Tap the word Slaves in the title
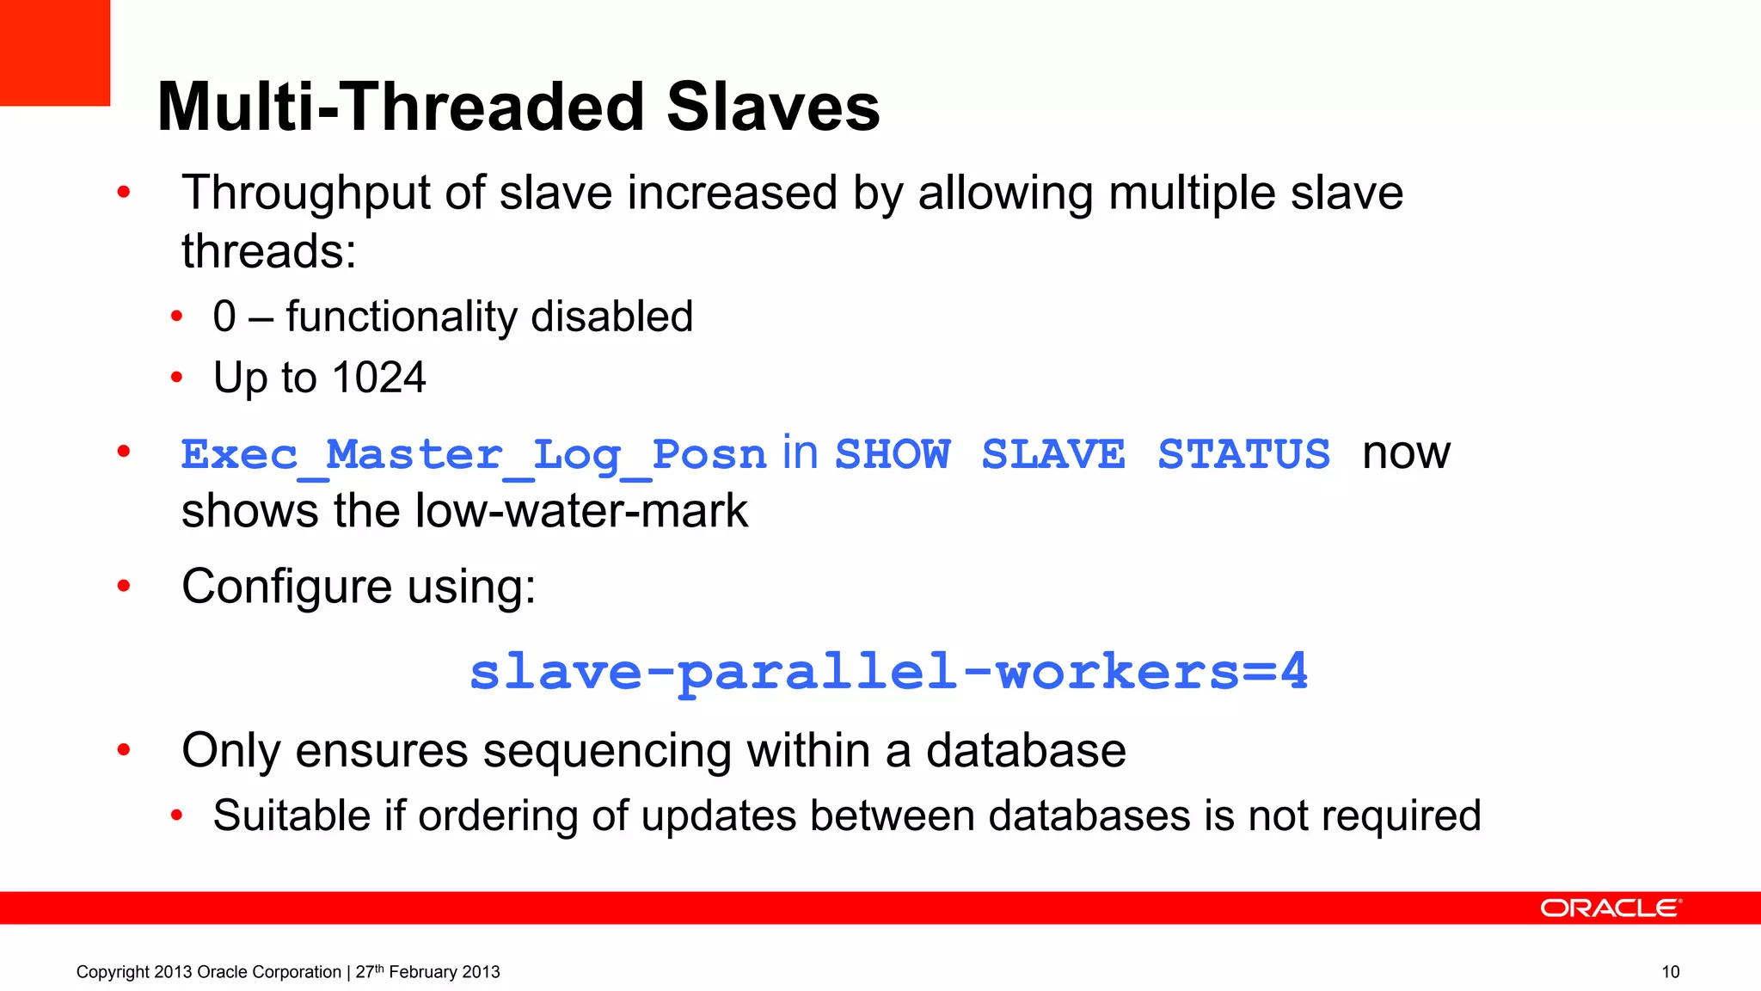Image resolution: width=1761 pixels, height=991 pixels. click(773, 107)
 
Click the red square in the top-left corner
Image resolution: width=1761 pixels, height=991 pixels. click(55, 52)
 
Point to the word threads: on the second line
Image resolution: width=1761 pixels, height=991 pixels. click(268, 251)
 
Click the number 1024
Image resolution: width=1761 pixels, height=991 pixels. click(378, 378)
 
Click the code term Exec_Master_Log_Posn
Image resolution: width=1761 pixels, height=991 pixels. click(473, 455)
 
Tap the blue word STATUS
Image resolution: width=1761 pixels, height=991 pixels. click(1243, 453)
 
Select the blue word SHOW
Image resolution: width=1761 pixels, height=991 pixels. click(893, 453)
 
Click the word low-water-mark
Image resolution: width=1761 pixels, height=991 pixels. click(581, 511)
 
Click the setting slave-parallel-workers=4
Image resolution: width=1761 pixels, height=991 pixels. click(888, 672)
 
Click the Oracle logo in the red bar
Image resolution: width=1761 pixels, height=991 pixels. click(1610, 908)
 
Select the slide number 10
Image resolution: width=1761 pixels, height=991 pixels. click(1670, 972)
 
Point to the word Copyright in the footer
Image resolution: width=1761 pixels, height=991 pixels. click(113, 972)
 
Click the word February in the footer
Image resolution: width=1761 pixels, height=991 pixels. click(422, 972)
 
